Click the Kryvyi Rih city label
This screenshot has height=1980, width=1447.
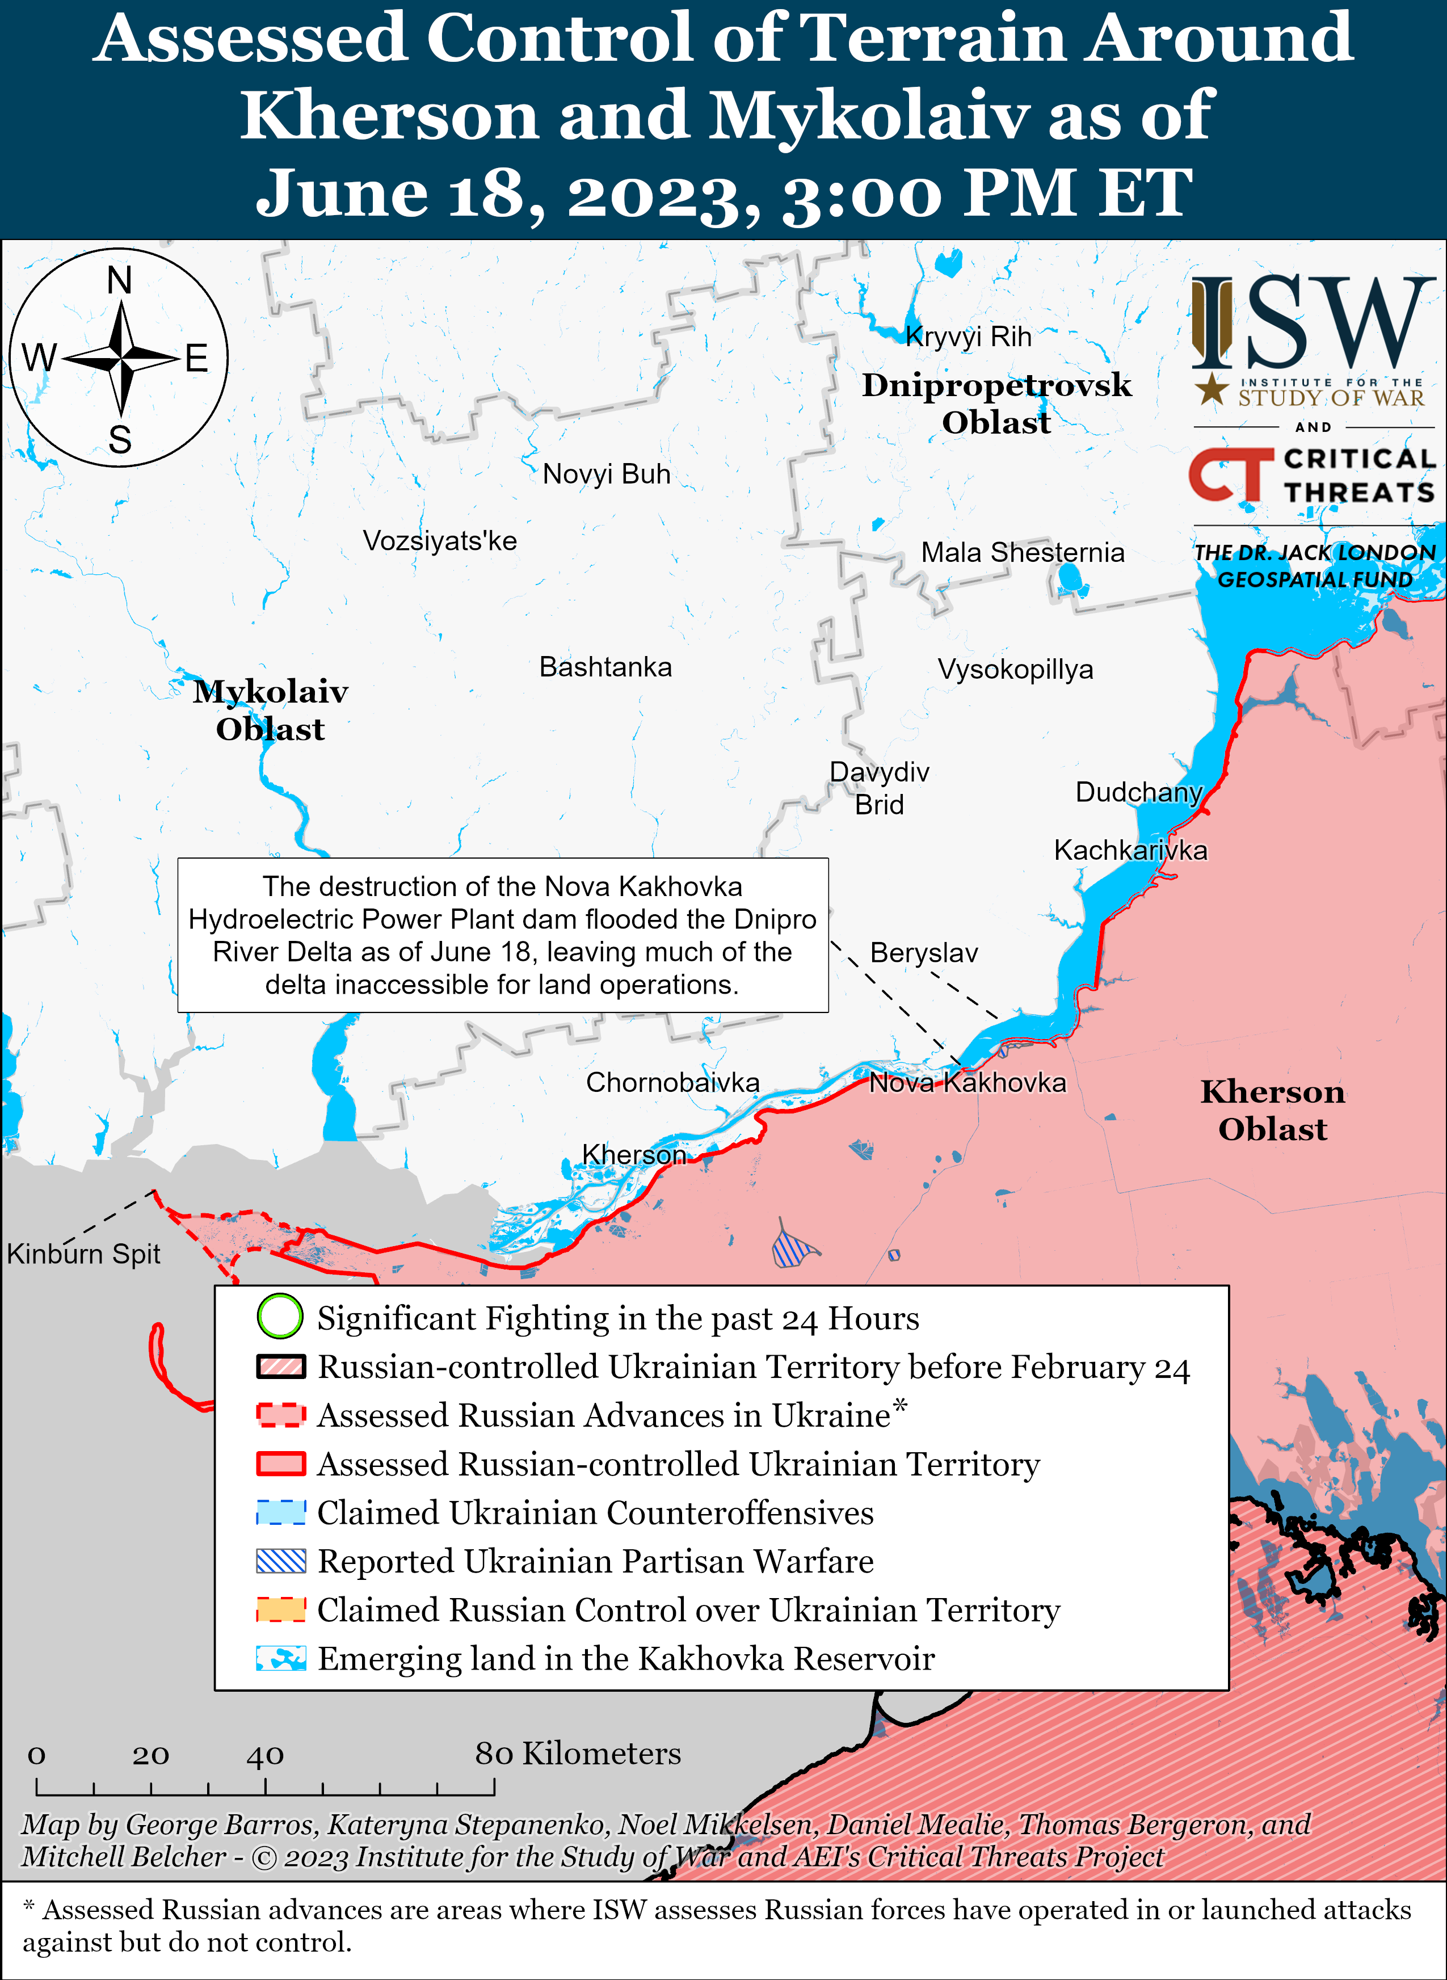tap(968, 337)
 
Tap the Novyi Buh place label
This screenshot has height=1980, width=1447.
tap(606, 474)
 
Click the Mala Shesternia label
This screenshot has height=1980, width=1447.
tap(1022, 553)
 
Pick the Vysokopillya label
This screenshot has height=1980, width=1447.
tap(1015, 669)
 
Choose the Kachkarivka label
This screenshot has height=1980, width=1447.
tap(1130, 850)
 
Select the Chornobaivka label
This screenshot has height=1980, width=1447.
tap(672, 1082)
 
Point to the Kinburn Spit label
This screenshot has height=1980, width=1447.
tap(83, 1254)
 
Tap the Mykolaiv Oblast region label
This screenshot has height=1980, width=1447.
tap(271, 709)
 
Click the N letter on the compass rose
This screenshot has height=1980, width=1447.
tap(119, 280)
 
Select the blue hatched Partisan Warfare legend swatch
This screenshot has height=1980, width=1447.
tap(280, 1561)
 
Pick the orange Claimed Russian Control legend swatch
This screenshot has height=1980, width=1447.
tap(280, 1609)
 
